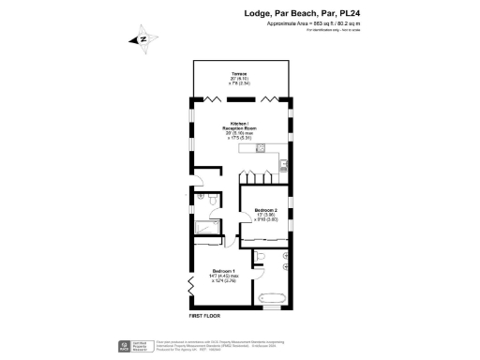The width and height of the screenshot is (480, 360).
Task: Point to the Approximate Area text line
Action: click(313, 24)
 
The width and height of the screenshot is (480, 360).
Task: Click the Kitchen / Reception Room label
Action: click(239, 127)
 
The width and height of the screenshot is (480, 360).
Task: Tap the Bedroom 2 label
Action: click(265, 210)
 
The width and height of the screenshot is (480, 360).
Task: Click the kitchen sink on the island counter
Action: click(262, 147)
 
